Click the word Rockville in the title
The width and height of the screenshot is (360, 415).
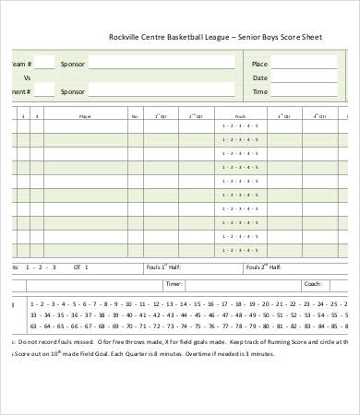pyautogui.click(x=126, y=39)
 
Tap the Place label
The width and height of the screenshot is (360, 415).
pyautogui.click(x=259, y=64)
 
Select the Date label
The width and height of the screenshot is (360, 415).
pyautogui.click(x=259, y=77)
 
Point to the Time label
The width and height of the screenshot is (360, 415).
pyautogui.click(x=259, y=91)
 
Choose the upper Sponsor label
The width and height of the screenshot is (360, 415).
pyautogui.click(x=73, y=64)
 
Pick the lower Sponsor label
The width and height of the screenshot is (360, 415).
pyautogui.click(x=73, y=91)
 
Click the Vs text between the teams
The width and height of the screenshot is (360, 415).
pyautogui.click(x=27, y=77)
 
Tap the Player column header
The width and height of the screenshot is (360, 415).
pyautogui.click(x=86, y=117)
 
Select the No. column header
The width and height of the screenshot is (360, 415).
pyautogui.click(x=135, y=117)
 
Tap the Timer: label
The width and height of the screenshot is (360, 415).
pyautogui.click(x=173, y=284)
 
